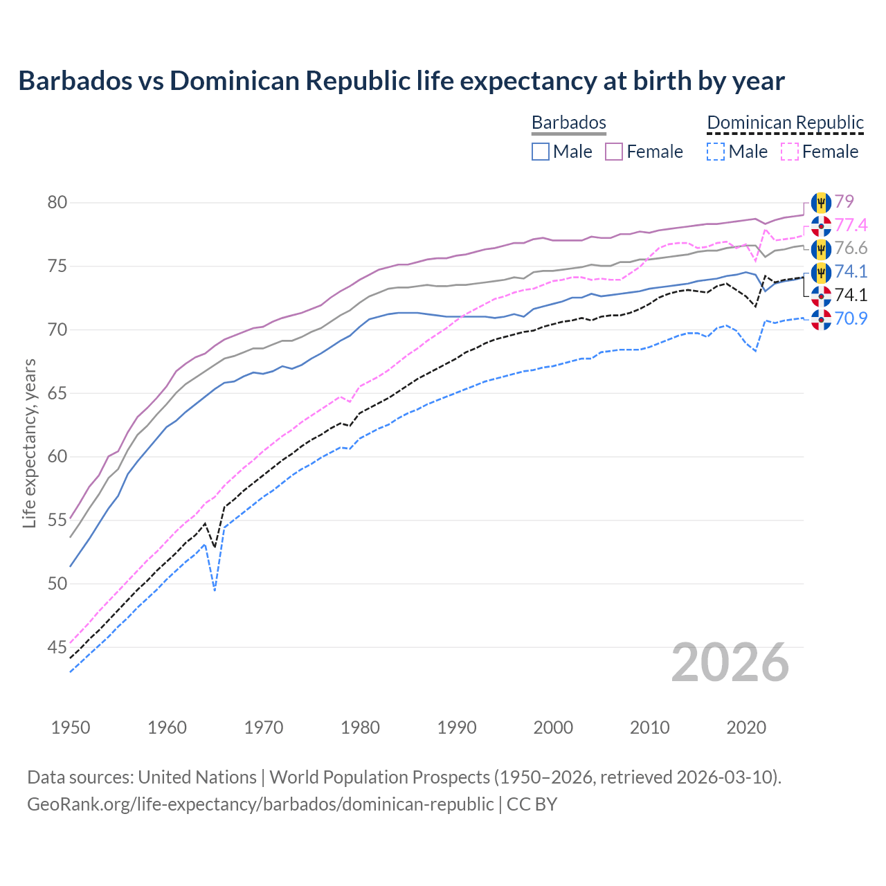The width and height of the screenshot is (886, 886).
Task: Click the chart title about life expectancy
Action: coord(401,81)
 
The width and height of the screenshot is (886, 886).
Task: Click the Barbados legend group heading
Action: coord(568,123)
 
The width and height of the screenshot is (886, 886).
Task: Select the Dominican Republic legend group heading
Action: coord(785,123)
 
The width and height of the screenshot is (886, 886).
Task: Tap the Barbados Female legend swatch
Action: coord(614,152)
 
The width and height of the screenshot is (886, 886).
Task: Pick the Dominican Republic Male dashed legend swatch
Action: coord(716,152)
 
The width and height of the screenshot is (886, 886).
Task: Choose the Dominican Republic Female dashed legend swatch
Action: coord(789,152)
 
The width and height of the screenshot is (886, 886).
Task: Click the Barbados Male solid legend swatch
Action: coord(541,152)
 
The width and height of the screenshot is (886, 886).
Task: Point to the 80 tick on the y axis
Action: coord(57,203)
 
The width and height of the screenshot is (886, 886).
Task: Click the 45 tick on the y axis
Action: coord(57,647)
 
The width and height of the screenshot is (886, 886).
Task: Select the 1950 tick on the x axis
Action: coord(71,727)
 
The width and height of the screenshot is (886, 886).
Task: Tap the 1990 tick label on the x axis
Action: coord(457,727)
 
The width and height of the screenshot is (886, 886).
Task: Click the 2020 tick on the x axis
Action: coord(746,727)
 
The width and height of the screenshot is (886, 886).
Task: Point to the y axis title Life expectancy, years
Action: coord(30,443)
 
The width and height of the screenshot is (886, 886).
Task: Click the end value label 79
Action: coord(844,201)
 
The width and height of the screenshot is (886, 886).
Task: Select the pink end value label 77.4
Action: coord(851,225)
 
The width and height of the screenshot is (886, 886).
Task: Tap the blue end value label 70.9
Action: coord(851,318)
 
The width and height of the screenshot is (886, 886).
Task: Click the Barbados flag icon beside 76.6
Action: coord(821,248)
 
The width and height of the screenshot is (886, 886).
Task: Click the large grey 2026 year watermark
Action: coord(730,662)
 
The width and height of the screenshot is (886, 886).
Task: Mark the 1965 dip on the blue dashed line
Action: coord(215,590)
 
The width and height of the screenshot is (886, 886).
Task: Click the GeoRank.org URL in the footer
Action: coord(260,804)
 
